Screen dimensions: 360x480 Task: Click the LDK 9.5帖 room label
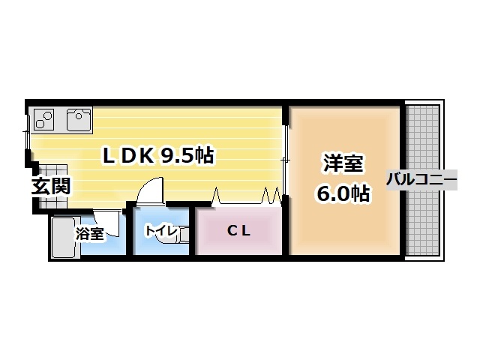point(158,155)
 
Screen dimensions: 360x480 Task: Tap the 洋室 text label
point(343,163)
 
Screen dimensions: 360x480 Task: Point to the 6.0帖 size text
point(343,193)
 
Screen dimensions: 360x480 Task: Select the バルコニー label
point(421,180)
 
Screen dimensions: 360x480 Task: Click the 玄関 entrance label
point(51,185)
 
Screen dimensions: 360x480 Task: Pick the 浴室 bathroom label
point(90,233)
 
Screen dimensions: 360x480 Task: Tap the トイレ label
point(160,230)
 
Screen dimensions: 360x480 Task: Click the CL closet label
point(238,230)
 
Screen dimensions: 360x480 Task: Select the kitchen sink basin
point(79,118)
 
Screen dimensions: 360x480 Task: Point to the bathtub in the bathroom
point(64,236)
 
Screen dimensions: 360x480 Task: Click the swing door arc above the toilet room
point(152,189)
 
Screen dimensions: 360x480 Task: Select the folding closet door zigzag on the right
point(271,196)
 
